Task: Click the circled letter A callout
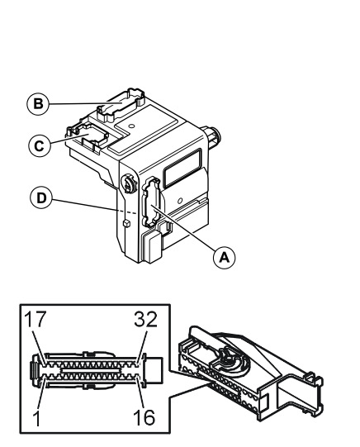[x=225, y=258]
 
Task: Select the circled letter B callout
[x=38, y=104]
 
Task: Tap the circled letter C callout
[x=40, y=145]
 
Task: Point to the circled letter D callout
[x=41, y=197]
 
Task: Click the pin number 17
[x=35, y=319]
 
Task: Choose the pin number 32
[x=145, y=319]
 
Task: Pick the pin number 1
[x=36, y=418]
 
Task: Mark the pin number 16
[x=144, y=418]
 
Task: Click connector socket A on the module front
[x=151, y=202]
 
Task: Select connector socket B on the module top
[x=121, y=106]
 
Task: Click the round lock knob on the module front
[x=129, y=184]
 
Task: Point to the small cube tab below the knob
[x=126, y=223]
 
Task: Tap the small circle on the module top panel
[x=131, y=126]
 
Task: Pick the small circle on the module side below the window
[x=180, y=201]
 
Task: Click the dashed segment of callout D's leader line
[x=128, y=212]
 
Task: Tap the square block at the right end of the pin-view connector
[x=154, y=369]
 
